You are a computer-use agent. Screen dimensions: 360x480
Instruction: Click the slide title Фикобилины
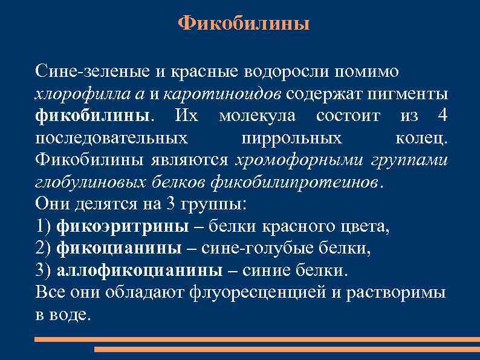(x=244, y=24)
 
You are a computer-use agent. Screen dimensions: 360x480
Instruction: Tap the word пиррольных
(x=291, y=138)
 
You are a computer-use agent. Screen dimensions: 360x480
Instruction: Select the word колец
(x=421, y=138)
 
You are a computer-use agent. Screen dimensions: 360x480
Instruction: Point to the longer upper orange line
(x=257, y=339)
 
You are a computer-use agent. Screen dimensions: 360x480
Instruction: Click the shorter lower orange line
(x=287, y=349)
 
